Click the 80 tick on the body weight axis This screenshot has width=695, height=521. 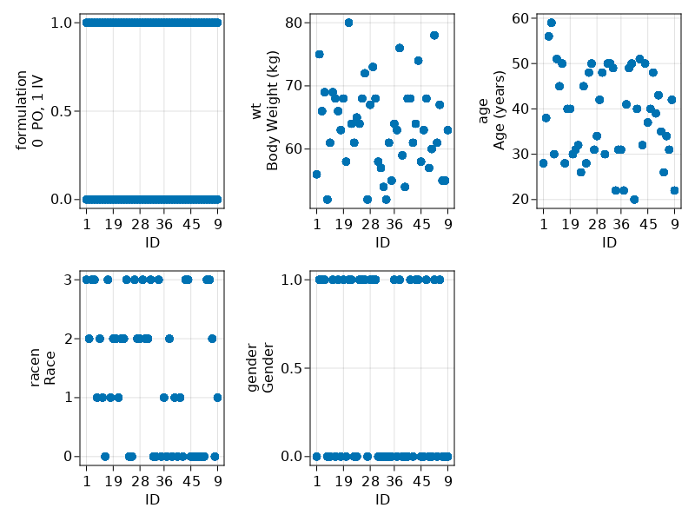[296, 23]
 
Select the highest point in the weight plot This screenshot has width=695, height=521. [348, 23]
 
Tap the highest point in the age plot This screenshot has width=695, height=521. [552, 23]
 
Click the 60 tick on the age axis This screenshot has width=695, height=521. [523, 18]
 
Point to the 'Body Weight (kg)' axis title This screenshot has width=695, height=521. [272, 110]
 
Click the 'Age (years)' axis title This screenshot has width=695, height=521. [499, 110]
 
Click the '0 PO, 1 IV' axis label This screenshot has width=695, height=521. [37, 110]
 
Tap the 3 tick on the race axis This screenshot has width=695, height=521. [69, 280]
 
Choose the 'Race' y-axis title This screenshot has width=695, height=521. [50, 368]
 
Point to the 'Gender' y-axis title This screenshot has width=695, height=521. [268, 368]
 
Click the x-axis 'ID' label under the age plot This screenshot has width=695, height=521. [609, 242]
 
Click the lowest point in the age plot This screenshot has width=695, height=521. [634, 200]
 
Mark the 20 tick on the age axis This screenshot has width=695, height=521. [523, 200]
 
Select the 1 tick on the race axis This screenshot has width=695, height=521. [69, 398]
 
